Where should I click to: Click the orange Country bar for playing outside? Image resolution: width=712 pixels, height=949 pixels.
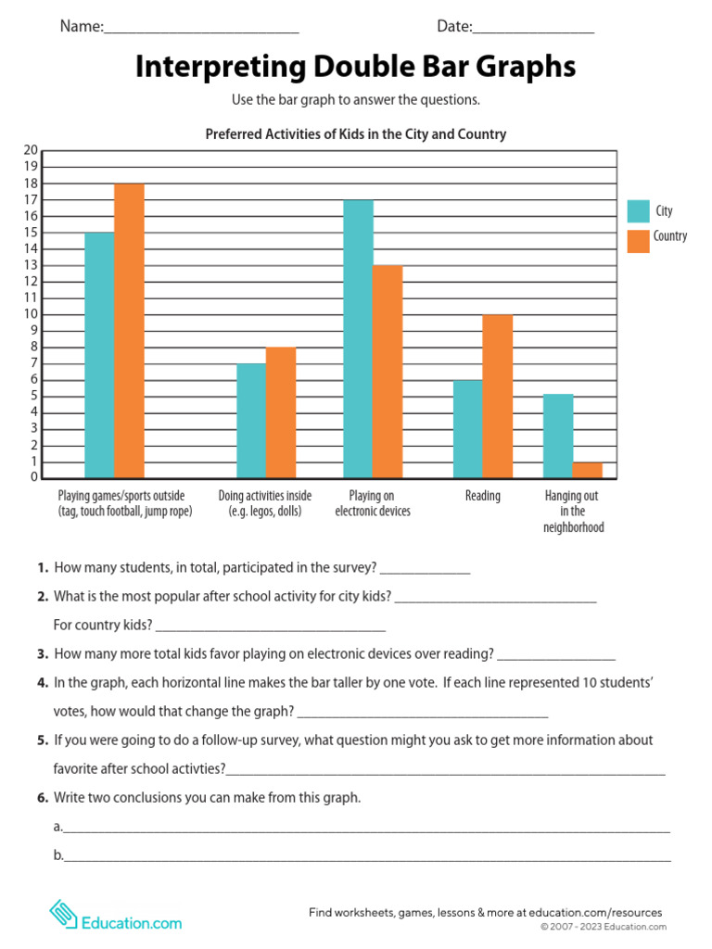[129, 331]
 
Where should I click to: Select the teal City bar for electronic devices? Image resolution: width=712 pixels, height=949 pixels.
[358, 339]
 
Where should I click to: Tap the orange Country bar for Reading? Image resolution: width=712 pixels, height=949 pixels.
[497, 397]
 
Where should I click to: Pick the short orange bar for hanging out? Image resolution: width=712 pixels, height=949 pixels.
[587, 470]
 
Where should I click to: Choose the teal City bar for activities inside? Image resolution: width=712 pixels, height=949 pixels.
[251, 421]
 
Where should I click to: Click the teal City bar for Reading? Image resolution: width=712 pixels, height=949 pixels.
[468, 429]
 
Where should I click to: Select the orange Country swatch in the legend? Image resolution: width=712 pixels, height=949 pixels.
[638, 240]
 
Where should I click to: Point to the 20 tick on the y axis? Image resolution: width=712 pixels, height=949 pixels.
[31, 150]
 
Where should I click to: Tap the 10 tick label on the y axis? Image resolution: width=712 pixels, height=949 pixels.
[31, 314]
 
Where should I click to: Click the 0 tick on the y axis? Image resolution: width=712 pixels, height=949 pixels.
[33, 477]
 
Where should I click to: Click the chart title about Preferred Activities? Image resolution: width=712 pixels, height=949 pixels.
[355, 134]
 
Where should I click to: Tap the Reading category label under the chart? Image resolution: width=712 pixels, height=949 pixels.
[482, 496]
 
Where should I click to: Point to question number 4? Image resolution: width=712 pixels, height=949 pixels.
[43, 683]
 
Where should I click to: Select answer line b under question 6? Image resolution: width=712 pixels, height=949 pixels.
[366, 859]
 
